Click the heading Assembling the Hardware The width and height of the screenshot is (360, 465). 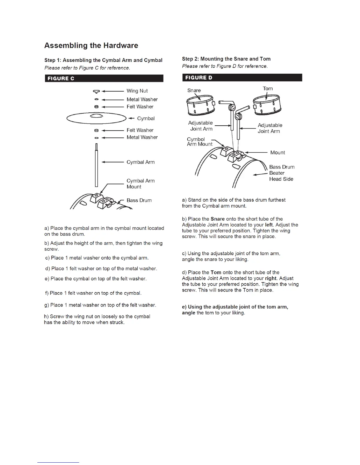(x=91, y=46)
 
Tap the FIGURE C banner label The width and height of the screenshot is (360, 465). (x=61, y=78)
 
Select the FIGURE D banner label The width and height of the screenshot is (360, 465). (x=199, y=78)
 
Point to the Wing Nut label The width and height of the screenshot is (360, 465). (x=137, y=91)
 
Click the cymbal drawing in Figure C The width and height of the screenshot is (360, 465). (x=96, y=118)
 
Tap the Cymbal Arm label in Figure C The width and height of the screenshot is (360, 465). (x=140, y=162)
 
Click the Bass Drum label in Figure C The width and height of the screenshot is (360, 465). (x=139, y=200)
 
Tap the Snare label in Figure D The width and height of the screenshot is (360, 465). (x=194, y=90)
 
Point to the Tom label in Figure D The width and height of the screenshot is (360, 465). (x=268, y=88)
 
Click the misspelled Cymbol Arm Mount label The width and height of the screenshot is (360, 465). (x=199, y=141)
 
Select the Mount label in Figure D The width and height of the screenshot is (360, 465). (x=277, y=153)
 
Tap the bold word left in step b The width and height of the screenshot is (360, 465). (x=269, y=225)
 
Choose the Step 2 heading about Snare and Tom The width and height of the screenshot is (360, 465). (x=226, y=59)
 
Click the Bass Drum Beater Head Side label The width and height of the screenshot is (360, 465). (x=281, y=173)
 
